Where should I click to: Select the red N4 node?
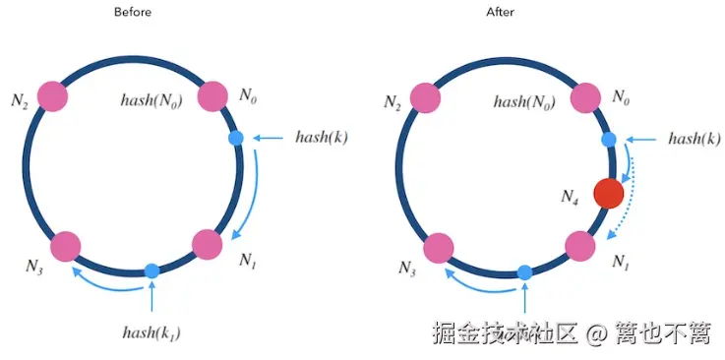click(x=609, y=193)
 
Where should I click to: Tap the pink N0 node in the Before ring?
click(x=213, y=96)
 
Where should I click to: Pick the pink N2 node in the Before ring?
click(x=52, y=95)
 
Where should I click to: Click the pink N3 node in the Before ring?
click(x=65, y=245)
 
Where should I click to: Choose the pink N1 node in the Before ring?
click(x=208, y=244)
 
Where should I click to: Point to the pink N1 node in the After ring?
click(x=580, y=245)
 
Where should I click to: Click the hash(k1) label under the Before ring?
click(x=151, y=331)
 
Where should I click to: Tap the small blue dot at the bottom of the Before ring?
click(x=151, y=270)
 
